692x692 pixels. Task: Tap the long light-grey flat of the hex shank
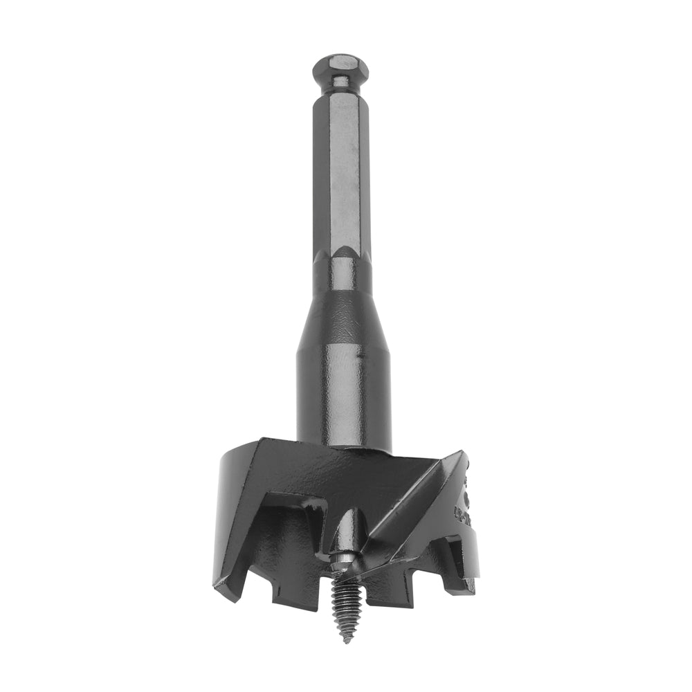pos(340,173)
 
